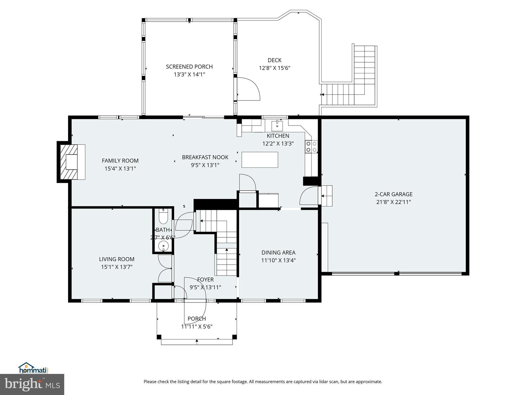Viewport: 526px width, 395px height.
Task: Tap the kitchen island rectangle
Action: [260, 160]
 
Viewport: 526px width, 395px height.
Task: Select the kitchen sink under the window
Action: [277, 126]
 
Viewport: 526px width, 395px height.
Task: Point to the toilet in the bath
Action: [163, 217]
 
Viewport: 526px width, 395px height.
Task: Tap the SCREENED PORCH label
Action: [189, 67]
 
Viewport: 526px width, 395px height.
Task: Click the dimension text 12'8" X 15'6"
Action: [275, 68]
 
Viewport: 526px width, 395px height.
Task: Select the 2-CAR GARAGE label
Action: [393, 194]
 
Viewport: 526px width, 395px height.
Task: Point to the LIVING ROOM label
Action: [117, 259]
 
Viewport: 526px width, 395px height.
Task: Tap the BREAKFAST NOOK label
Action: [205, 157]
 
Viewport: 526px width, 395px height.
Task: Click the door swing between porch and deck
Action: [248, 89]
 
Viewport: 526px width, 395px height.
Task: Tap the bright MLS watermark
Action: [32, 384]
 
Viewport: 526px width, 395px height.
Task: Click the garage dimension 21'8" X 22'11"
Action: [393, 202]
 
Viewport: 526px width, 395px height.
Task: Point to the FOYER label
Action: [205, 280]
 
